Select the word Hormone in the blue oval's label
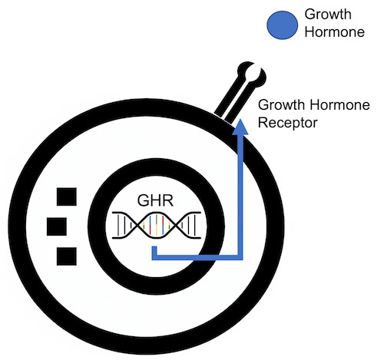point(329,33)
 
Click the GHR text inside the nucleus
point(156,201)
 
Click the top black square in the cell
point(66,197)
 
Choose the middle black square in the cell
point(57,226)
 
